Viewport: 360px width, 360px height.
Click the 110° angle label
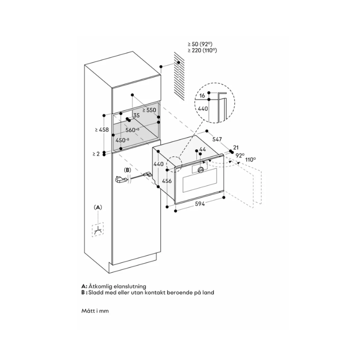pyautogui.click(x=251, y=159)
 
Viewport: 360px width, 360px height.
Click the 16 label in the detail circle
pyautogui.click(x=202, y=96)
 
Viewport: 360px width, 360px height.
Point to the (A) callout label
pyautogui.click(x=98, y=207)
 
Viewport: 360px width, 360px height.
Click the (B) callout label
pyautogui.click(x=127, y=170)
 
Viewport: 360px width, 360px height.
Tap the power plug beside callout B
pyautogui.click(x=120, y=180)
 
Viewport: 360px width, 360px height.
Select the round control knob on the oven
pyautogui.click(x=200, y=169)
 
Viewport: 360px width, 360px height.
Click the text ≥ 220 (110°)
pyautogui.click(x=202, y=51)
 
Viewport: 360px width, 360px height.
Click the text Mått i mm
pyautogui.click(x=95, y=310)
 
